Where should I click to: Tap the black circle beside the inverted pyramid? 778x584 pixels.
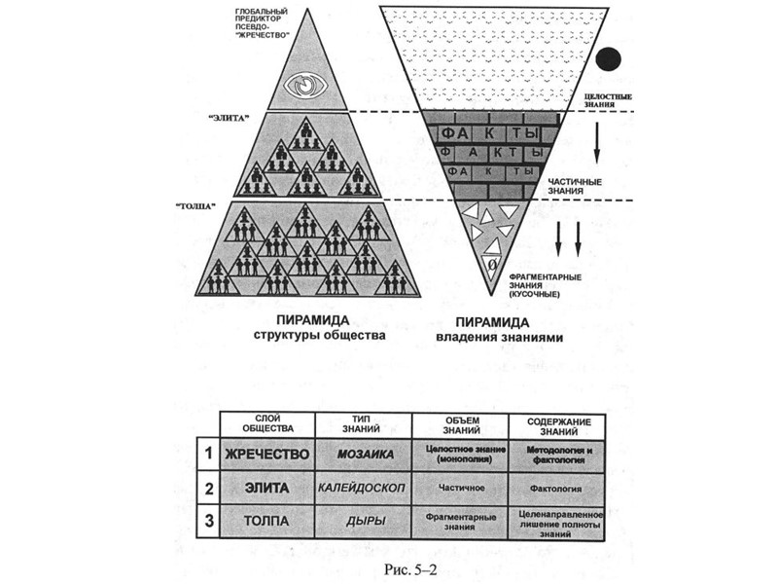point(609,59)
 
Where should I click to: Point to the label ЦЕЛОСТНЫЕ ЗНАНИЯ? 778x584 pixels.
point(608,100)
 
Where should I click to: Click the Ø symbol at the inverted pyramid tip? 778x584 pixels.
point(492,264)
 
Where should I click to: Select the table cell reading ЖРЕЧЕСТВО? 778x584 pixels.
point(265,454)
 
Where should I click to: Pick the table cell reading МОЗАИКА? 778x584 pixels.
point(365,454)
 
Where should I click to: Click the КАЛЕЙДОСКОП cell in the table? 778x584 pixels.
point(365,486)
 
